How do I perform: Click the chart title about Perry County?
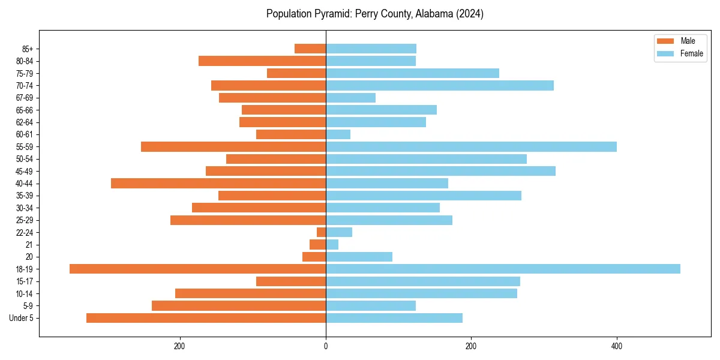(375, 14)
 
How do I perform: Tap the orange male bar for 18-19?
(197, 269)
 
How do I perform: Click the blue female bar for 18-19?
(503, 269)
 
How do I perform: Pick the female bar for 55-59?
(471, 146)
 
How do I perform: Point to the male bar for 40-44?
(218, 183)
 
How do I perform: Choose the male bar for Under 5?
(206, 318)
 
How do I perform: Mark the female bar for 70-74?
(440, 85)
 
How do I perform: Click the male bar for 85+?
(310, 49)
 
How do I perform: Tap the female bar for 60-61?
(338, 134)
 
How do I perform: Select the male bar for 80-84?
(262, 61)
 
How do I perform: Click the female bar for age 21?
(332, 244)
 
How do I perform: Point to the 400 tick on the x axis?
(616, 346)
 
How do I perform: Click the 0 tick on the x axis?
(326, 346)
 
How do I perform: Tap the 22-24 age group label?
(25, 232)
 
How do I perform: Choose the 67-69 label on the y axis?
(25, 98)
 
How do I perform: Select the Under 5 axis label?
(21, 318)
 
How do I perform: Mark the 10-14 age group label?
(25, 293)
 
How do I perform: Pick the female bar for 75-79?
(412, 73)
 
